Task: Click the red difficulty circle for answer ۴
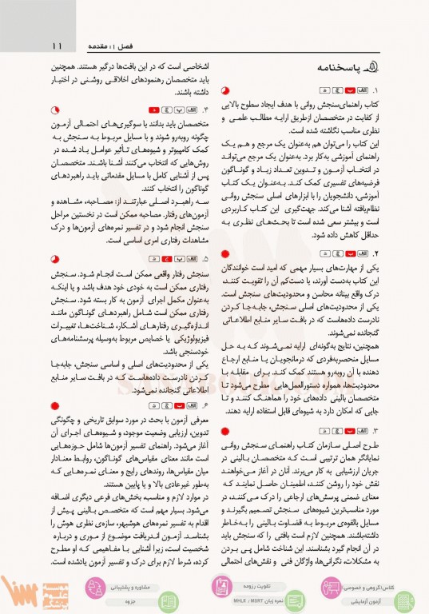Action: [x=54, y=108]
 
